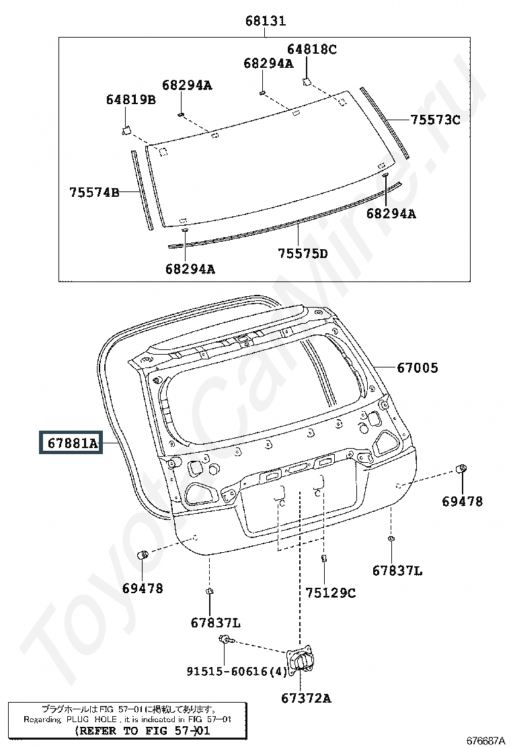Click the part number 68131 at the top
point(266,21)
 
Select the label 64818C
point(312,49)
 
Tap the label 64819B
point(131,99)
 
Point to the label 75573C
point(435,120)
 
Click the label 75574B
point(94,193)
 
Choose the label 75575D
point(303,253)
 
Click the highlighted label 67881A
point(71,443)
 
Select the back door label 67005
point(418,367)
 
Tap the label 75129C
point(330,593)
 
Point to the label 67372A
point(306,699)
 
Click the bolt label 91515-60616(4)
point(237,672)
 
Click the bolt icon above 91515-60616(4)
point(225,640)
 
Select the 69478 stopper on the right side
point(462,469)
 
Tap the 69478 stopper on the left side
point(143,555)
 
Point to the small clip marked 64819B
point(126,130)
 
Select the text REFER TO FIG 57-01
point(143,731)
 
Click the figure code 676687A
point(485,741)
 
